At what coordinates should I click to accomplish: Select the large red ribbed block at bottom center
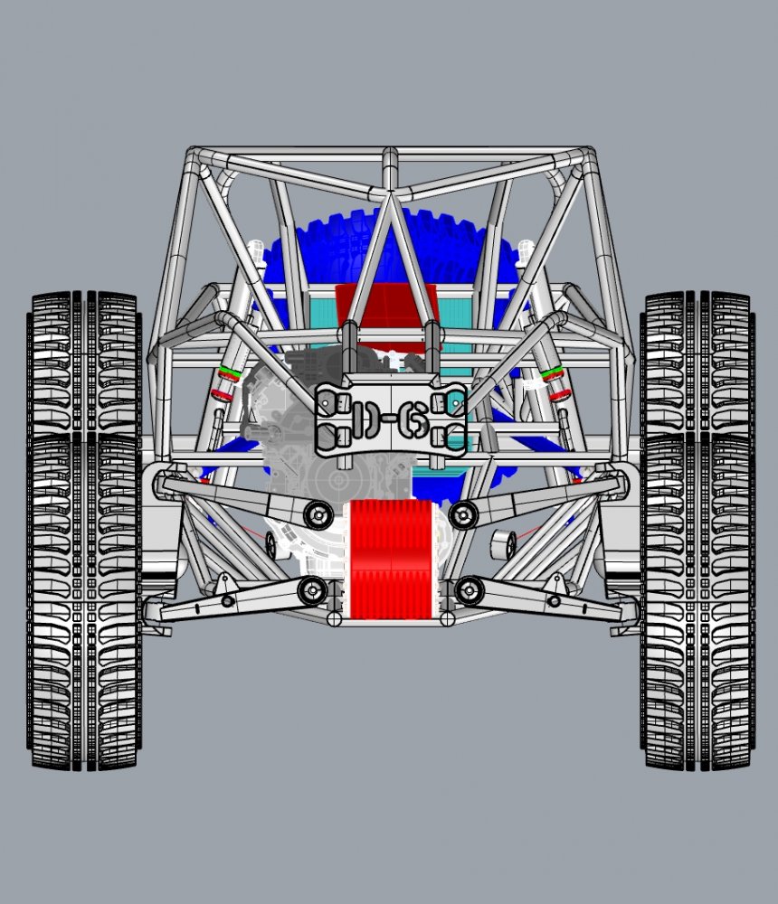(x=390, y=560)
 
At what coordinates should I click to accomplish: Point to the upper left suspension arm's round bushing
(x=317, y=513)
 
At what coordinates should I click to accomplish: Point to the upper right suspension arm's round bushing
(x=463, y=514)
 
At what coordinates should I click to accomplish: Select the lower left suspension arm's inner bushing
(x=313, y=590)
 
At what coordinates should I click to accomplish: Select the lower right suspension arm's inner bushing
(x=469, y=591)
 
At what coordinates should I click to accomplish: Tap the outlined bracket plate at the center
(x=390, y=417)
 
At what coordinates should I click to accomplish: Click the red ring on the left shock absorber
(x=221, y=393)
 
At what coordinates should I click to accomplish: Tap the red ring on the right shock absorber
(x=558, y=393)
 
